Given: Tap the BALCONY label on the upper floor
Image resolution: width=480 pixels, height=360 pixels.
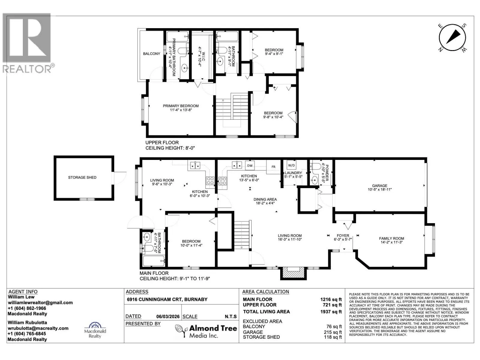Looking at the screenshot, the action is click(x=151, y=54).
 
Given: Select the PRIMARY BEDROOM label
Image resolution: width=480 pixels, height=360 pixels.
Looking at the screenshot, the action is click(x=181, y=106).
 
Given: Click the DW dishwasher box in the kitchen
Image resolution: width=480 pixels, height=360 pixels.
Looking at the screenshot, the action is click(x=250, y=166).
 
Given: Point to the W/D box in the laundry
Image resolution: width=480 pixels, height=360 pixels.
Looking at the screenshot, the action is click(x=291, y=165).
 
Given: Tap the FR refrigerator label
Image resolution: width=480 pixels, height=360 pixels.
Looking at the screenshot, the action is click(x=273, y=167).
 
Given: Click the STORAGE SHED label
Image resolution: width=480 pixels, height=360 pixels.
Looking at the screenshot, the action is click(x=82, y=178).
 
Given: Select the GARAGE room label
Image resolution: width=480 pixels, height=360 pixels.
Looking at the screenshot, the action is click(x=379, y=186).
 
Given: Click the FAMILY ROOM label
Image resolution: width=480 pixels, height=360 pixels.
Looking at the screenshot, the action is click(x=391, y=238).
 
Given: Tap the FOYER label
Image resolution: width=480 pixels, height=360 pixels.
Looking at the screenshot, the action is click(x=343, y=235).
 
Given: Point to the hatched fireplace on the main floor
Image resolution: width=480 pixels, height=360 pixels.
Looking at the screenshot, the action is click(x=293, y=273).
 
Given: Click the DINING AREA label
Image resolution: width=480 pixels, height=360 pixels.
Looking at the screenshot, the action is click(x=265, y=199).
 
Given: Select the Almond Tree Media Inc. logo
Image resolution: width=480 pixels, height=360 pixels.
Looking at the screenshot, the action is click(x=206, y=331).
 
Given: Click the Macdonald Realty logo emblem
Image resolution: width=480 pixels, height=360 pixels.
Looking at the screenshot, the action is click(x=95, y=325).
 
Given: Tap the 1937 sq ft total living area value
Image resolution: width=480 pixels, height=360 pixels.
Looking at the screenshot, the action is click(x=331, y=312).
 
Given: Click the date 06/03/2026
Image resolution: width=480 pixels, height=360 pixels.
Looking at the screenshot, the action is click(x=168, y=317).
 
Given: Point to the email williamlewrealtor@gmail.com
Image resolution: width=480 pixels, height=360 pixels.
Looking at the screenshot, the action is click(x=40, y=303).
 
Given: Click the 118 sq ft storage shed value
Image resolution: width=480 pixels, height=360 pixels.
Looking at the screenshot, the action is click(x=333, y=337).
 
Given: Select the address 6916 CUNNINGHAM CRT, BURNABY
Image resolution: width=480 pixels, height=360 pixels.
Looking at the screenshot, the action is click(x=167, y=299).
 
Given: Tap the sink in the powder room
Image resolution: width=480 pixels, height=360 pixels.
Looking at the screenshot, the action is click(x=314, y=180).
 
